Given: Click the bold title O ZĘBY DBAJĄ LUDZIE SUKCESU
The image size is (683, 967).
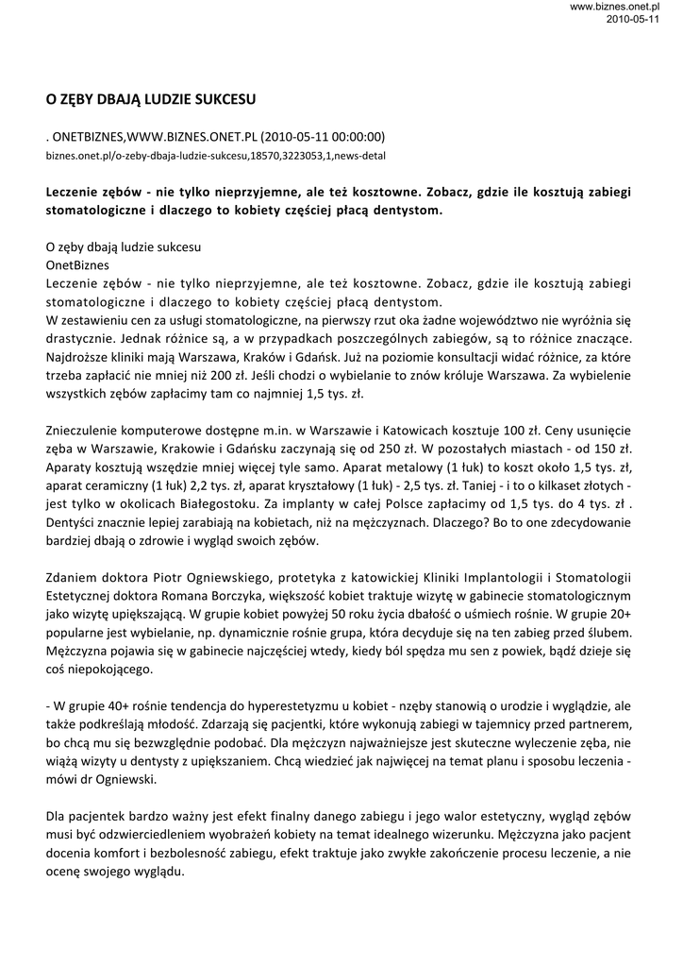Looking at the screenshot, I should (x=151, y=97).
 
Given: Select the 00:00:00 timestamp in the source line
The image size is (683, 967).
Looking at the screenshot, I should (x=357, y=137).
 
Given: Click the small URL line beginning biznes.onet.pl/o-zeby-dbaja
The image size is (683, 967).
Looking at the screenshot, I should (x=215, y=155).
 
